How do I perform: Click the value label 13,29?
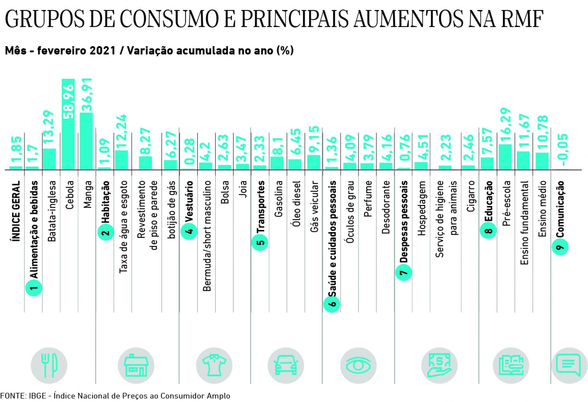pyautogui.click(x=49, y=129)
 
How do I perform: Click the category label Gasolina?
pyautogui.click(x=278, y=199)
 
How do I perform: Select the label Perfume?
pyautogui.click(x=368, y=199)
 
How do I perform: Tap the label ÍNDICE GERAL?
pyautogui.click(x=16, y=211)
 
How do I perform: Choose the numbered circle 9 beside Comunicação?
pyautogui.click(x=560, y=247)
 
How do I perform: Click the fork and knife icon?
pyautogui.click(x=49, y=365)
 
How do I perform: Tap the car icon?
pyautogui.click(x=286, y=365)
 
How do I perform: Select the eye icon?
pyautogui.click(x=358, y=365)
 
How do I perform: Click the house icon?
pyautogui.click(x=136, y=365)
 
